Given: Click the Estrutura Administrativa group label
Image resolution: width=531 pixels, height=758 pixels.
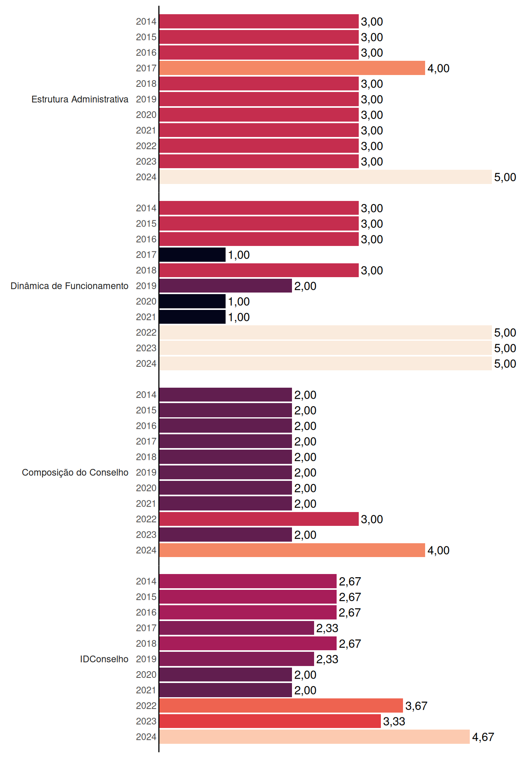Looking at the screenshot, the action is click(x=80, y=99).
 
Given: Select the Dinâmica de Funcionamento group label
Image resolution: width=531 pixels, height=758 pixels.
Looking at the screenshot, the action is click(x=70, y=286).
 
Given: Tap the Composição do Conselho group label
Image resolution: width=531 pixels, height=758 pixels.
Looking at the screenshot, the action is click(x=75, y=473).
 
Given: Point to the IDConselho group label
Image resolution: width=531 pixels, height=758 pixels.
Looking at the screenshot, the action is click(x=104, y=659).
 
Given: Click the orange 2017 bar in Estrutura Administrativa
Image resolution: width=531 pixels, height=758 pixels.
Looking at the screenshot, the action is click(x=292, y=68).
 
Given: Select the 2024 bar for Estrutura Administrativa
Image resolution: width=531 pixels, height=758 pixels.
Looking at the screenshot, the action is click(x=326, y=177).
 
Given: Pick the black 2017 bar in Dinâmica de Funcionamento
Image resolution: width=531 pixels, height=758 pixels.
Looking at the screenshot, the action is click(x=192, y=255).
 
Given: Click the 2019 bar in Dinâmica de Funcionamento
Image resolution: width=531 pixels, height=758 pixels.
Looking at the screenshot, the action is click(x=226, y=286).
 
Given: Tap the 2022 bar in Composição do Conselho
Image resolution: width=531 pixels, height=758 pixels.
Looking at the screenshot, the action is click(x=259, y=519).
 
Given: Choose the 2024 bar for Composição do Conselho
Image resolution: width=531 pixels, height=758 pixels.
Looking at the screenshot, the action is click(x=292, y=550).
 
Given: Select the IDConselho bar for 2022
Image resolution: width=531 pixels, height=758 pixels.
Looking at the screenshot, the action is click(x=281, y=705).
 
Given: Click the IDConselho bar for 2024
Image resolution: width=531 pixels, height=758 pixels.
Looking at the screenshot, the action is click(x=314, y=737).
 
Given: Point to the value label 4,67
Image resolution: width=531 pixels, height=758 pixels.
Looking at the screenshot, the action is click(x=483, y=737).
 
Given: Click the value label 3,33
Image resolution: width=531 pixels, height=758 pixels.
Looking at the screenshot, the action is click(x=394, y=721).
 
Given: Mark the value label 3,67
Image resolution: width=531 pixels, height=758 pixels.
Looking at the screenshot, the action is click(x=416, y=706).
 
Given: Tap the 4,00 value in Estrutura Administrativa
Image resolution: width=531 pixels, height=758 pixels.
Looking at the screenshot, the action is click(x=438, y=68).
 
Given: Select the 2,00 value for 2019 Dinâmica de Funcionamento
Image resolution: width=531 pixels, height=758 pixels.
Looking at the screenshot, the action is click(x=305, y=286).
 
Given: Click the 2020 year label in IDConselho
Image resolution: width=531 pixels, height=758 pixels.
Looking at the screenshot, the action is click(x=146, y=675).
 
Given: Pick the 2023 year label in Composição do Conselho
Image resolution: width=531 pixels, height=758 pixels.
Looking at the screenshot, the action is click(x=146, y=535).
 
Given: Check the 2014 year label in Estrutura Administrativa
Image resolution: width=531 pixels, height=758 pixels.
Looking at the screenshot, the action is click(x=146, y=21).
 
